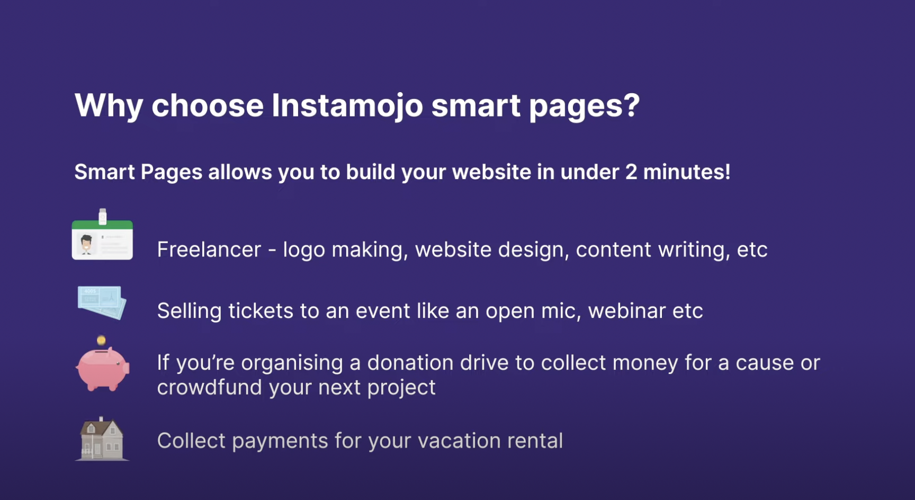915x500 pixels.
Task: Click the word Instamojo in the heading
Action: point(347,106)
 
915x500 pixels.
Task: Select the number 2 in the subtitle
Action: point(631,172)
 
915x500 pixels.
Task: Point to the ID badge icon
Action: point(102,235)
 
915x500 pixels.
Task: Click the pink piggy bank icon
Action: point(103,369)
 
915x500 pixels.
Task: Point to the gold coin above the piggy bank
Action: point(101,340)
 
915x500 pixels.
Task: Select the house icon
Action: point(102,439)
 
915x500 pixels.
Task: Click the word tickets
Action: point(261,311)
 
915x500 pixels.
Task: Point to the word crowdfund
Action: point(210,387)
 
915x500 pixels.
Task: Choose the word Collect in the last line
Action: point(191,441)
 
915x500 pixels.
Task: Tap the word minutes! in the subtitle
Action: point(687,172)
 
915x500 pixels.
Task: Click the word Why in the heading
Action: point(109,106)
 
